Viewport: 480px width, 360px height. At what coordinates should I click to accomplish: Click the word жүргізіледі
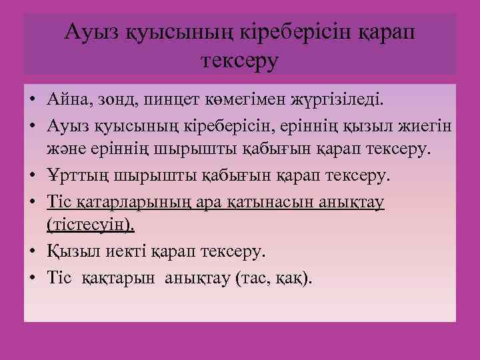[338, 101]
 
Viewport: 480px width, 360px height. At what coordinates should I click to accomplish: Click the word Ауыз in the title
[89, 31]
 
